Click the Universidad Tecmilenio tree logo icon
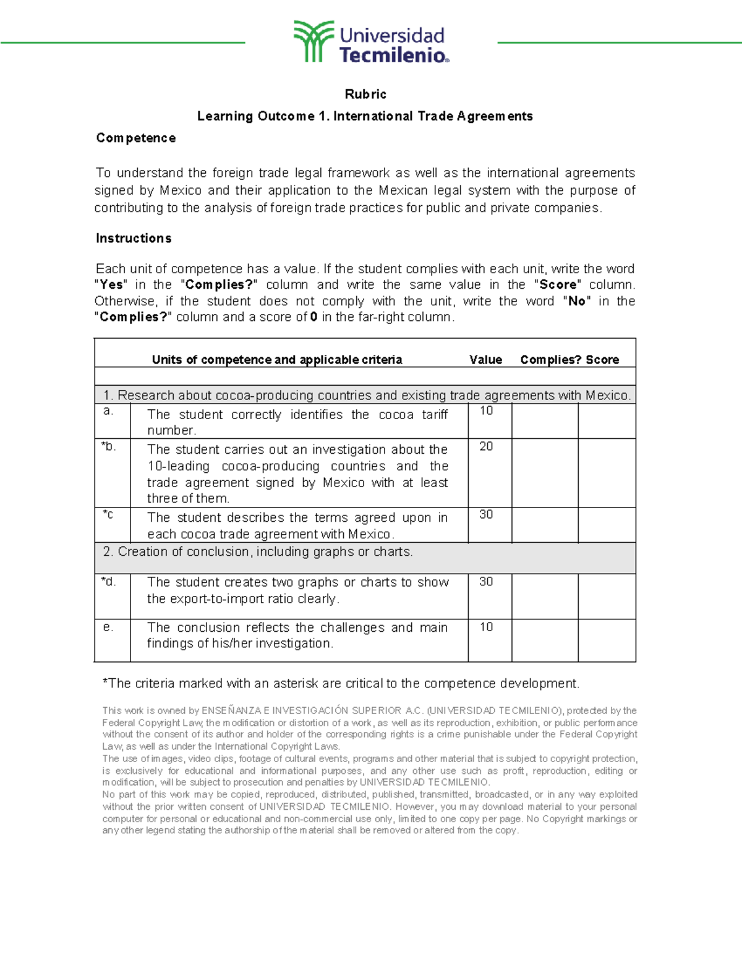tap(313, 41)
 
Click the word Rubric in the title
tap(365, 95)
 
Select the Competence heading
tap(135, 138)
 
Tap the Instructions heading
tap(134, 239)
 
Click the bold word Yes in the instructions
tap(111, 285)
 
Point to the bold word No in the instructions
tap(576, 301)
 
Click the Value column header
tap(485, 360)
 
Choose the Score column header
tap(602, 360)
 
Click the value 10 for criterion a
tap(486, 411)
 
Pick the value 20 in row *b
tap(486, 446)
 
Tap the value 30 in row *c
tap(486, 515)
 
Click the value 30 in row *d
tap(486, 582)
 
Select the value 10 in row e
tap(486, 627)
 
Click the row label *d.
tap(108, 582)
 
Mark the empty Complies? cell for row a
tap(545, 421)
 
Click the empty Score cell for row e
tap(607, 640)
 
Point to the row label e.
tap(108, 627)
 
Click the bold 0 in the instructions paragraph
tap(313, 317)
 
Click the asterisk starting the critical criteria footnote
tap(105, 682)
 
